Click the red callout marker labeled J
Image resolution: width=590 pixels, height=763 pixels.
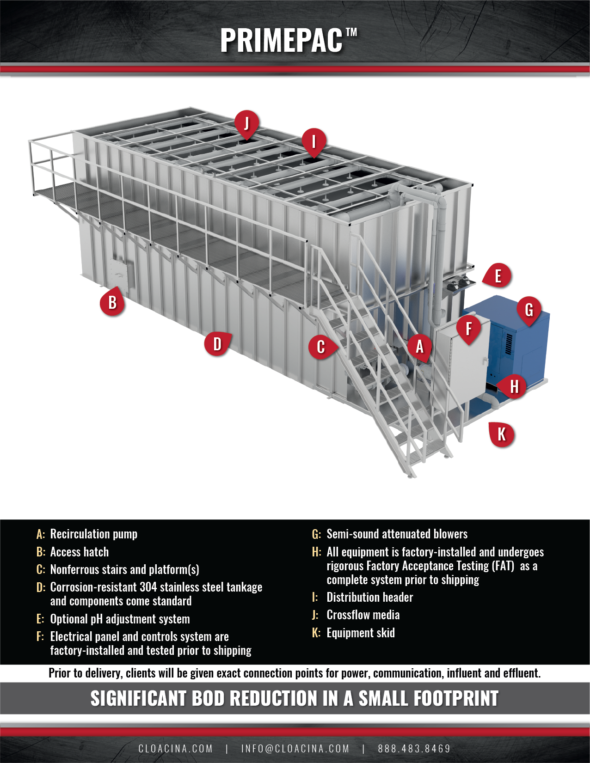coord(246,123)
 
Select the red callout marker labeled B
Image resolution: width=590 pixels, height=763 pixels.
coord(112,303)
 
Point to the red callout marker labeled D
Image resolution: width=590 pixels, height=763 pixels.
coord(217,343)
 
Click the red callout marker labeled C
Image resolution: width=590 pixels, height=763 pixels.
coord(321,347)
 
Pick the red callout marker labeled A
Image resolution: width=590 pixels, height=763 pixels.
coord(419,346)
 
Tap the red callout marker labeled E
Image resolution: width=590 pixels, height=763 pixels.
coord(498,276)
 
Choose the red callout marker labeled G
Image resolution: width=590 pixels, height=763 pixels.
coord(529,310)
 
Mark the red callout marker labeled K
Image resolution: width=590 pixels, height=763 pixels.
coord(502,434)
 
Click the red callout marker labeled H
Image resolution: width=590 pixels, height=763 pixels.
coord(514,386)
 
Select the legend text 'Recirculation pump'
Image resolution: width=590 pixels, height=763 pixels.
coord(93,534)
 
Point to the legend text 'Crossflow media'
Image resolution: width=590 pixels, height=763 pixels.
coord(363,615)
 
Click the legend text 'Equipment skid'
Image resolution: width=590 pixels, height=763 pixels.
coord(361,633)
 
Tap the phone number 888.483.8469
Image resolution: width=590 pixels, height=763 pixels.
coord(414,749)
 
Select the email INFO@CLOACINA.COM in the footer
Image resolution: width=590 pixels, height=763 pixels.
coord(295,749)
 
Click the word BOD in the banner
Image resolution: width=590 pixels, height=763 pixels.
coord(208,698)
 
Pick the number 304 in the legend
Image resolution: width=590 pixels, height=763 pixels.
coord(148,587)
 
